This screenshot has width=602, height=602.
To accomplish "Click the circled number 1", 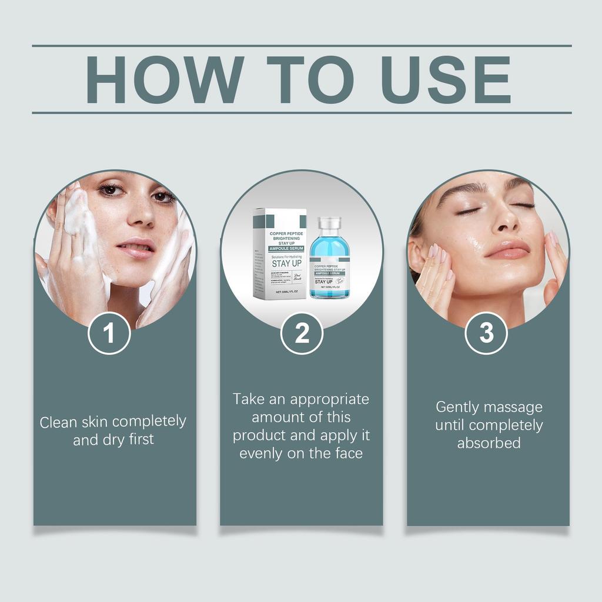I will click(x=109, y=333).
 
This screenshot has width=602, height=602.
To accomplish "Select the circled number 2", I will click(x=302, y=333).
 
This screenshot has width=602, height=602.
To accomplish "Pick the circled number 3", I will click(x=486, y=333).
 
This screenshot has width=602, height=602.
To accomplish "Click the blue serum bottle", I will click(x=329, y=265).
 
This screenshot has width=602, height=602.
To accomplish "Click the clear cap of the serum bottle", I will click(x=329, y=223).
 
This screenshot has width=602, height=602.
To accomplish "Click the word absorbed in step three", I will click(x=489, y=443).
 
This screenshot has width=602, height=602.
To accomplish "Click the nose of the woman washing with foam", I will click(x=142, y=215).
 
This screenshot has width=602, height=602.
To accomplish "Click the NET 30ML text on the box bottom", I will click(x=280, y=292).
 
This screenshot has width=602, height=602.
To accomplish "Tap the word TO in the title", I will click(x=310, y=80).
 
